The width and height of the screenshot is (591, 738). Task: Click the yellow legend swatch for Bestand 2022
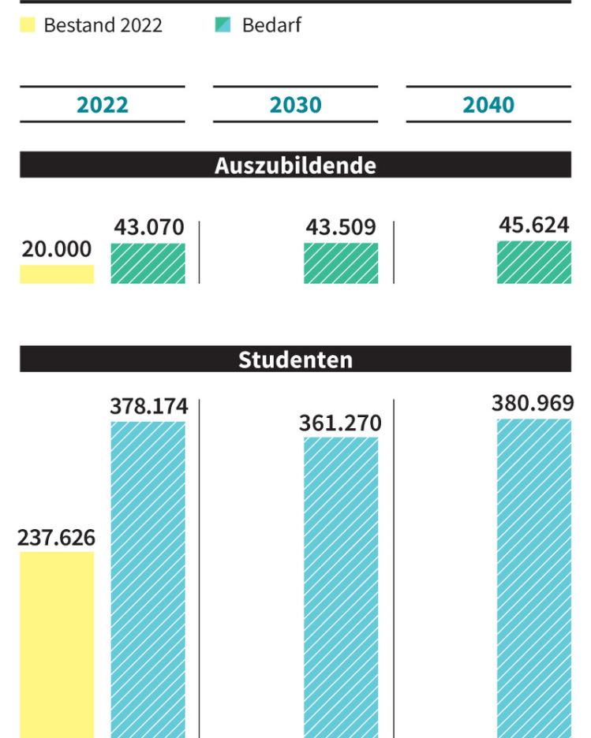(x=27, y=26)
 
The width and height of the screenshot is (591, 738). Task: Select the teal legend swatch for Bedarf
(x=223, y=26)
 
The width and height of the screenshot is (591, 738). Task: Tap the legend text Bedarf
(x=271, y=25)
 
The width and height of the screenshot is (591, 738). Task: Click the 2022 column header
(x=103, y=105)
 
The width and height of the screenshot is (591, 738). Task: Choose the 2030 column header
(x=295, y=105)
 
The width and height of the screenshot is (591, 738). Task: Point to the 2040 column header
(x=488, y=105)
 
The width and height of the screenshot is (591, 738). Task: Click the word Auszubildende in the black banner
(x=295, y=166)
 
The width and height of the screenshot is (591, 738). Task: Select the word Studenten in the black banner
(x=295, y=360)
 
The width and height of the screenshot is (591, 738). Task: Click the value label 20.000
(x=57, y=249)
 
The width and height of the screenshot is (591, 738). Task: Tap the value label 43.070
(x=148, y=228)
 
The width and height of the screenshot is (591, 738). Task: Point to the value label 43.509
(x=341, y=228)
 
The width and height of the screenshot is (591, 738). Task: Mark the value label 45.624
(x=533, y=225)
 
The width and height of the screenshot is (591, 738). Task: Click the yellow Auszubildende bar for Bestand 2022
(x=57, y=274)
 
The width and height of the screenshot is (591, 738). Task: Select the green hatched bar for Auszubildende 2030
(x=341, y=263)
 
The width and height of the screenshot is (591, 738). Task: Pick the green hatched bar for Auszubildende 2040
(x=533, y=263)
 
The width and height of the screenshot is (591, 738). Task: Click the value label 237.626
(x=57, y=538)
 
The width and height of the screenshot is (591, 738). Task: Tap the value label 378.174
(x=148, y=407)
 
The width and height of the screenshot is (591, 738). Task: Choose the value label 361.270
(x=341, y=423)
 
